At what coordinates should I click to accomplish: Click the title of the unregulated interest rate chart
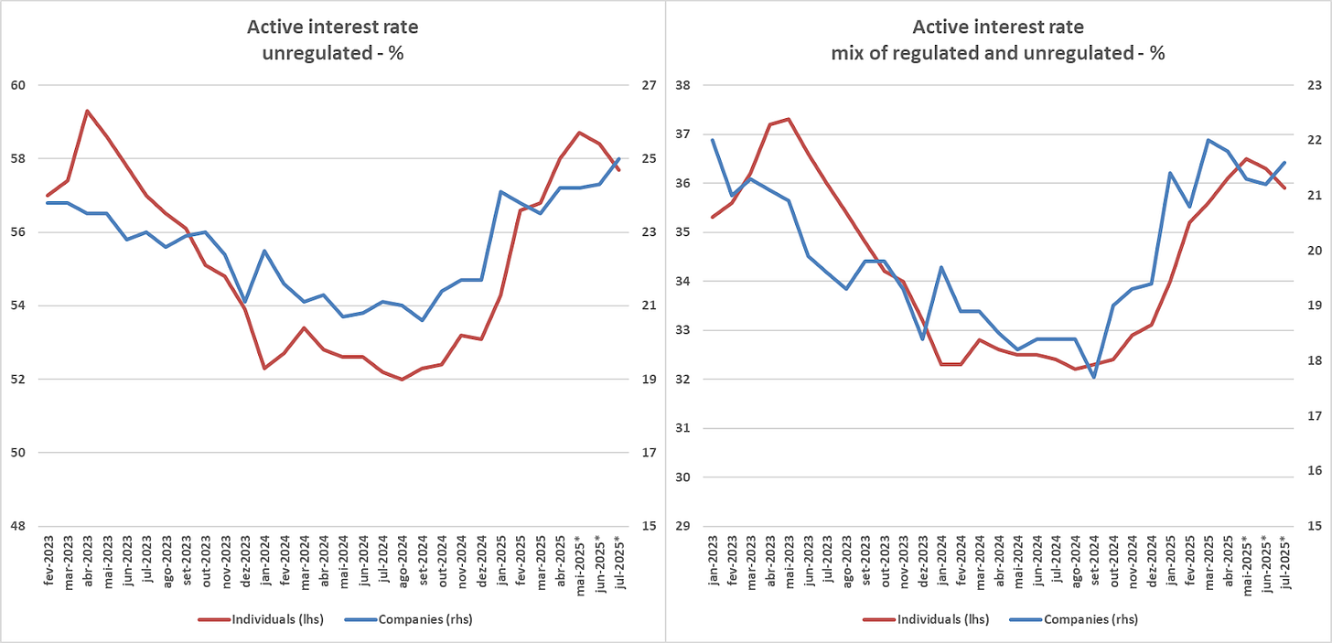click(x=332, y=39)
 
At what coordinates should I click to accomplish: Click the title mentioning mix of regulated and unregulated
click(x=997, y=39)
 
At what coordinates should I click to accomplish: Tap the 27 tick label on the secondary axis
click(x=649, y=85)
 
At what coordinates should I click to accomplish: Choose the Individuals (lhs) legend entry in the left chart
click(x=259, y=619)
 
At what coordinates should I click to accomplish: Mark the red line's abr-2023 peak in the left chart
click(x=87, y=111)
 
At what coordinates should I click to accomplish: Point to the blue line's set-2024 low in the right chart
click(x=1094, y=377)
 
